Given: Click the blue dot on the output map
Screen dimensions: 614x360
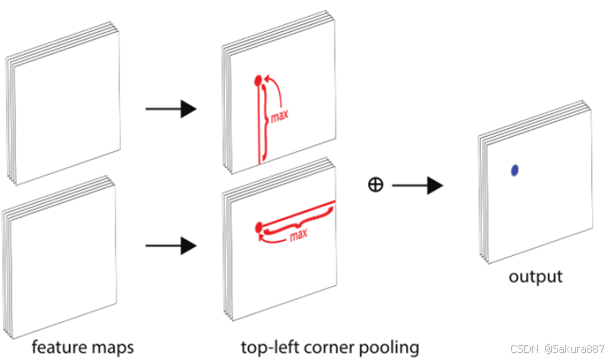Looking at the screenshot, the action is point(515,170).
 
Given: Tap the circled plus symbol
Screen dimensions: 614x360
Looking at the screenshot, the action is point(376,185).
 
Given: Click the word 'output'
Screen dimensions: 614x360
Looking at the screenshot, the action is point(535,277).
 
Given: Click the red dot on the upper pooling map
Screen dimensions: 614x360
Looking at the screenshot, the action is point(258,81).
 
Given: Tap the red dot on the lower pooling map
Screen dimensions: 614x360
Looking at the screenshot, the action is point(258,227).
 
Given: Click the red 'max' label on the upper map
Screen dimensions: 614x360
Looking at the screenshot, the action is point(280,116).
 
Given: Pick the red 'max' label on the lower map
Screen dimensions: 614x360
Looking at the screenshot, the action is point(298,235).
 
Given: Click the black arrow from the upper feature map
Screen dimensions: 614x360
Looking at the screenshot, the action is point(171,109).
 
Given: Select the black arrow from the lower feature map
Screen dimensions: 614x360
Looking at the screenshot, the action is point(171,246).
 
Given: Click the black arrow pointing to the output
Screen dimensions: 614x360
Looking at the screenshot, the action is point(417,185).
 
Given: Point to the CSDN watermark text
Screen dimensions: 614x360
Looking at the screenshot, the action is point(557,348).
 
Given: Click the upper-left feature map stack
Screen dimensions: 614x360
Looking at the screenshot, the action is point(63,103).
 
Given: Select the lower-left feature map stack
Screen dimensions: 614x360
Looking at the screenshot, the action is point(60,257).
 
